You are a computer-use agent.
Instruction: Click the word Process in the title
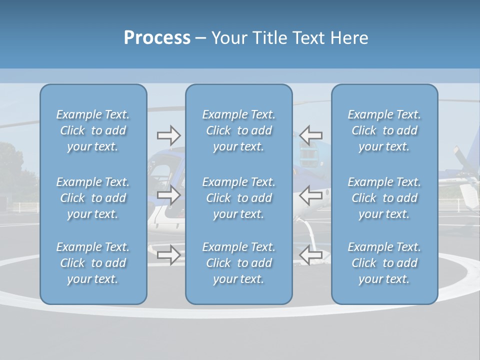tap(157, 38)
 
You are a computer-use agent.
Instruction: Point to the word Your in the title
tap(229, 38)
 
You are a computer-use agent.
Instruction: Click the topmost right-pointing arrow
tap(168, 135)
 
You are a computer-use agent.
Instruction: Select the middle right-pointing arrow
tap(168, 195)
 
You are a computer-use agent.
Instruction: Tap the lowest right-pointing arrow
tap(168, 255)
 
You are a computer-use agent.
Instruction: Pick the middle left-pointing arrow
tap(311, 195)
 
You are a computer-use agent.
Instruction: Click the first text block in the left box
tap(93, 130)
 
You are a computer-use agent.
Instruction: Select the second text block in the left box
tap(93, 198)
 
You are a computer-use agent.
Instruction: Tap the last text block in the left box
tap(93, 263)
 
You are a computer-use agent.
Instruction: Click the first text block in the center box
tap(238, 130)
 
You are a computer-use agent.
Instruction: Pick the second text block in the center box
tap(238, 198)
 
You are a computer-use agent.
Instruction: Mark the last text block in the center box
tap(238, 263)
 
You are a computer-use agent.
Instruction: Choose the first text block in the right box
tap(384, 130)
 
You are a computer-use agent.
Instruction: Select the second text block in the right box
tap(384, 198)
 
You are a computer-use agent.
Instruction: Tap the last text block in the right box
tap(384, 263)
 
